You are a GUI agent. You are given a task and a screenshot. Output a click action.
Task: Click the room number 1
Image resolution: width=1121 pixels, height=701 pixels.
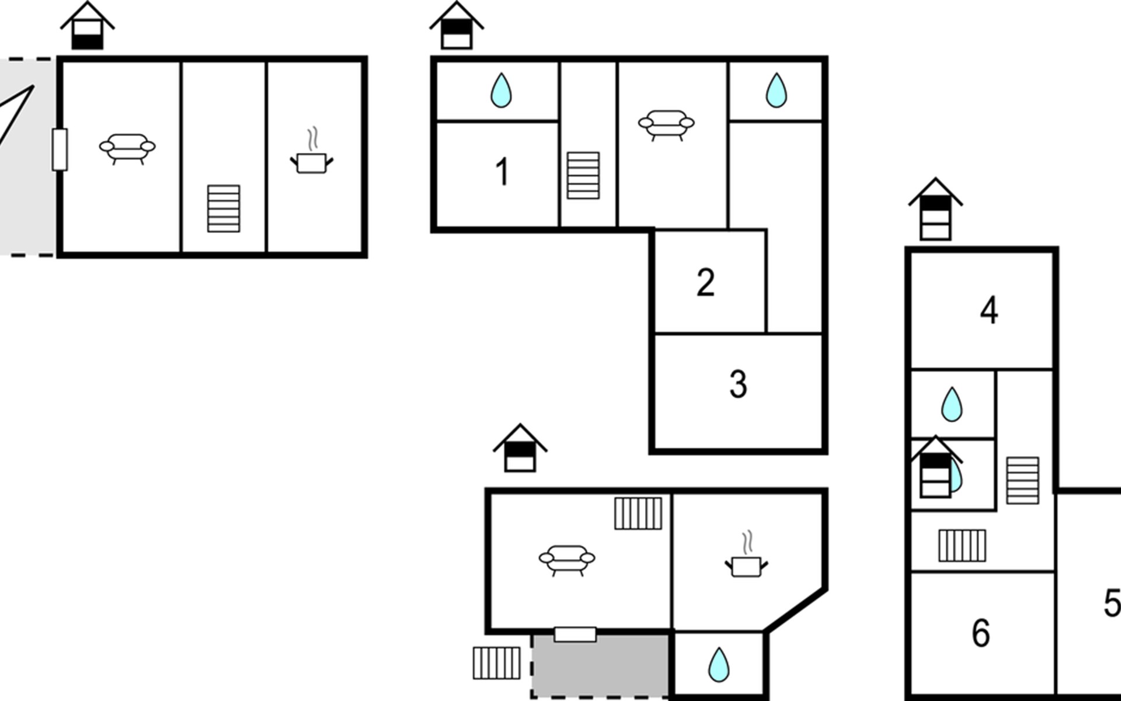pyautogui.click(x=502, y=172)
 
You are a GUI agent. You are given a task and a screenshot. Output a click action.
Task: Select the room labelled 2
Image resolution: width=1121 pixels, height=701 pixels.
pyautogui.click(x=705, y=283)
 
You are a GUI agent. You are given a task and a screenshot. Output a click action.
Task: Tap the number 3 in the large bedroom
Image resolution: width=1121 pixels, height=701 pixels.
pyautogui.click(x=738, y=384)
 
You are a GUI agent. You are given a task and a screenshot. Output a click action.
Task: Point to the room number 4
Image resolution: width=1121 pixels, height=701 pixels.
pyautogui.click(x=988, y=310)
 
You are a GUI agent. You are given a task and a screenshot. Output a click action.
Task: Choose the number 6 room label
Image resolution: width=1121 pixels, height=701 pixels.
pyautogui.click(x=981, y=633)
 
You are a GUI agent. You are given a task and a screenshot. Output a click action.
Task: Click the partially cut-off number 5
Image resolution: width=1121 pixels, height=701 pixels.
pyautogui.click(x=1112, y=603)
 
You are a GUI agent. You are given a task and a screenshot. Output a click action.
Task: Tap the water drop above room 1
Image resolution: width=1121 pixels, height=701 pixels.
pyautogui.click(x=501, y=90)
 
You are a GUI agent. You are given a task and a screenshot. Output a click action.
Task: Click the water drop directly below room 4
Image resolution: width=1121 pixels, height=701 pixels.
pyautogui.click(x=952, y=404)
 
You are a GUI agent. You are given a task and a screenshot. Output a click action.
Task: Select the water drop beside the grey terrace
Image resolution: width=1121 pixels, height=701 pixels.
pyautogui.click(x=719, y=664)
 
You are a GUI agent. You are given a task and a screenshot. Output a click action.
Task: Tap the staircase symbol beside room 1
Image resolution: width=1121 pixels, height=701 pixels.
pyautogui.click(x=583, y=175)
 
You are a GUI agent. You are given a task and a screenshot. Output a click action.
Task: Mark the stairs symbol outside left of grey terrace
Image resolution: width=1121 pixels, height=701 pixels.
pyautogui.click(x=496, y=663)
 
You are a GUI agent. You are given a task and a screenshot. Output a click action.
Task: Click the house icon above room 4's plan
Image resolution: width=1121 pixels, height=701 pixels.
pyautogui.click(x=935, y=209)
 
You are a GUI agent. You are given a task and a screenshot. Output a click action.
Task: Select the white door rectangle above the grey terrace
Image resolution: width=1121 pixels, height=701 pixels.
pyautogui.click(x=575, y=634)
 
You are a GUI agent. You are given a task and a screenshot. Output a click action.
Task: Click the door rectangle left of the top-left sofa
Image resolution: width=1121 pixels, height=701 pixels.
pyautogui.click(x=60, y=150)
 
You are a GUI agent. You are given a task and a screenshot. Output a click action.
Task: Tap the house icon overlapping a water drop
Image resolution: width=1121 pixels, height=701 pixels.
pyautogui.click(x=935, y=467)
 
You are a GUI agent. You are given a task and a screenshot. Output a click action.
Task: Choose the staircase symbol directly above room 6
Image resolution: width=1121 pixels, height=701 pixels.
pyautogui.click(x=962, y=546)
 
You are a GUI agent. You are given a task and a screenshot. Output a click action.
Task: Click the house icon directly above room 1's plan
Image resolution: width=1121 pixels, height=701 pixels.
pyautogui.click(x=457, y=25)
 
